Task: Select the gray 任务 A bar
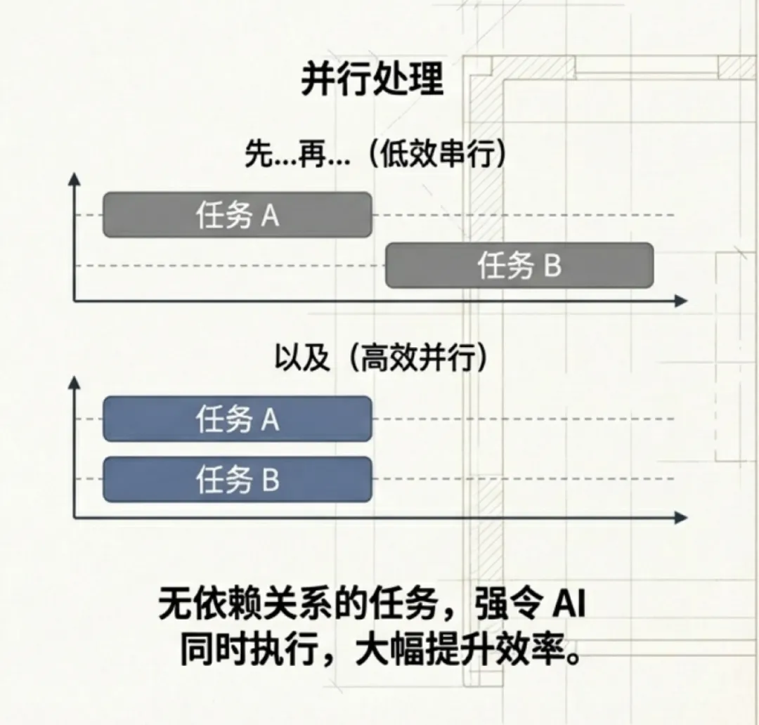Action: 237,214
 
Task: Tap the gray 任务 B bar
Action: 519,266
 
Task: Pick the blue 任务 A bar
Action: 237,419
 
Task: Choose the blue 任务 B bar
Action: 237,480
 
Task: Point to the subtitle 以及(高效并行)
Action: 380,359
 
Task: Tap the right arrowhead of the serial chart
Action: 680,301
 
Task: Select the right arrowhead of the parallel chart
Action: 680,518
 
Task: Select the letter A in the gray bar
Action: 271,216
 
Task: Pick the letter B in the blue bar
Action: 271,481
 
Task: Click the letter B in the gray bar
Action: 552,266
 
